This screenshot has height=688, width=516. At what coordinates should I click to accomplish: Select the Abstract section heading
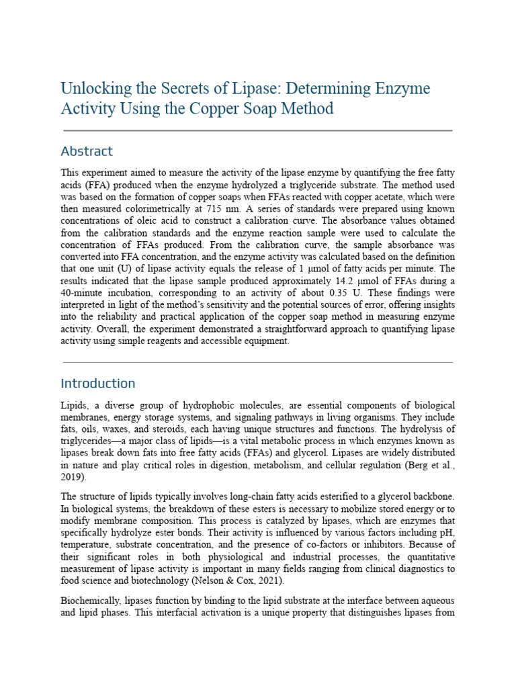click(87, 151)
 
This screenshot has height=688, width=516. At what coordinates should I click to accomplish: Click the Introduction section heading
click(98, 384)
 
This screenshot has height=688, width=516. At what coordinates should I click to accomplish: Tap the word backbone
click(431, 496)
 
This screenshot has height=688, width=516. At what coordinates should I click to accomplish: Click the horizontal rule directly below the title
click(257, 130)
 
